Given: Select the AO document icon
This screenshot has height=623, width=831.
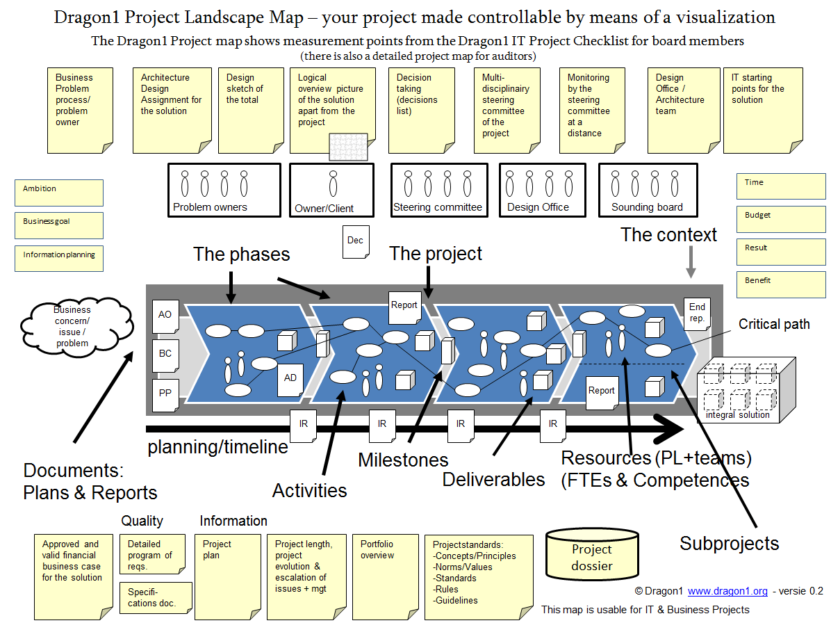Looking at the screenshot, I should [165, 315].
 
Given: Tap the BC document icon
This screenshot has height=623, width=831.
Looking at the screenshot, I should [165, 354].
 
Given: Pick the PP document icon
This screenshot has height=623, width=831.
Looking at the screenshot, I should [165, 393].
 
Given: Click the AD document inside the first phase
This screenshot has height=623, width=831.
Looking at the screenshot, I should [290, 378].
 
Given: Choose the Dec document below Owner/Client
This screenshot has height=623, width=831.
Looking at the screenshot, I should [356, 241].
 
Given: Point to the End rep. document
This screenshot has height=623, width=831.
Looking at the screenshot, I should [697, 312].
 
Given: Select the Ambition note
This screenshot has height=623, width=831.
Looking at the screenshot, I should [59, 193].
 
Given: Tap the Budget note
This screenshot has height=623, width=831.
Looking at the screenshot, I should [781, 219].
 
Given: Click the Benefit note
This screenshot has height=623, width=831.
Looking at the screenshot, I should [781, 284].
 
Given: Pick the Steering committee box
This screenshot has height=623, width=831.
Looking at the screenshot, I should [438, 190].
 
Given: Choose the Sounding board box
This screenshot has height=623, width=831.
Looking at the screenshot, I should [647, 190].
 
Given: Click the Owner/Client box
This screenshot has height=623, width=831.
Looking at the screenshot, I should [331, 190].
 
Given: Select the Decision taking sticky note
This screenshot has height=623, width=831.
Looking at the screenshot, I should [421, 110].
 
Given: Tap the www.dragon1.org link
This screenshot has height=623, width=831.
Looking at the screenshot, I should [727, 591].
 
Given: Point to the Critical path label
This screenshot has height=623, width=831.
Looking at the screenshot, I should [774, 324].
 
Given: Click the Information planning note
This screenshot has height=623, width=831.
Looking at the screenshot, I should [59, 258].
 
